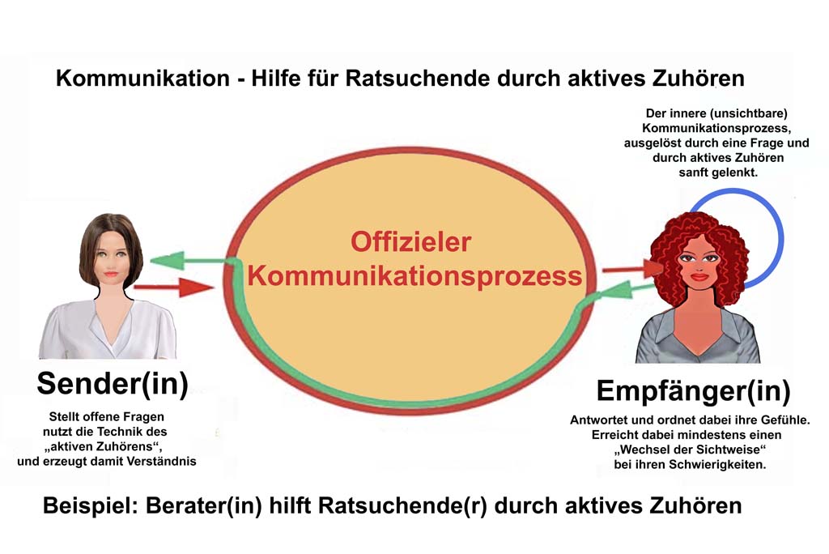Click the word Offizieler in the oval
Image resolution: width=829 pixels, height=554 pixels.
click(x=410, y=242)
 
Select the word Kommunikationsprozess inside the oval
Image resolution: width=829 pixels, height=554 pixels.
click(x=414, y=275)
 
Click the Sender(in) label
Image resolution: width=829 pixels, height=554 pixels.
click(x=113, y=383)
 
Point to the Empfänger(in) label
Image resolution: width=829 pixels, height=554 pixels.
click(x=693, y=390)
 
